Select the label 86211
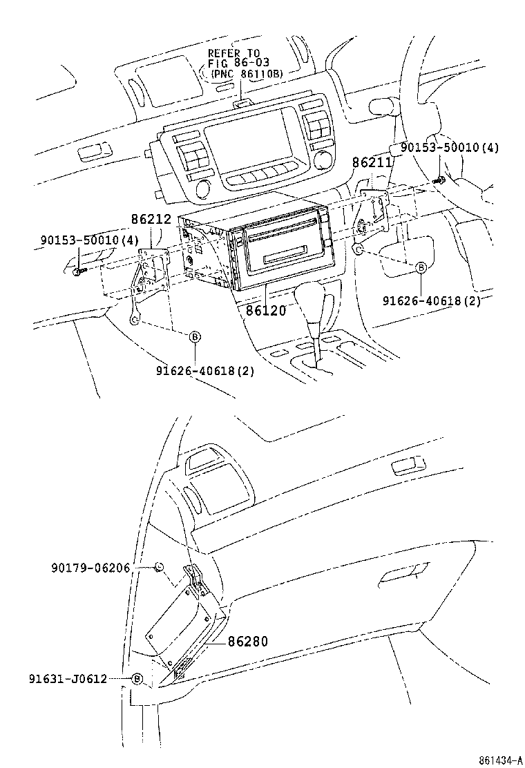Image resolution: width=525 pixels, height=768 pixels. point(372,163)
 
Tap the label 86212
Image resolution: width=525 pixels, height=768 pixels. point(151,220)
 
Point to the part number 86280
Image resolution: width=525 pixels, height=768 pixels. point(247,641)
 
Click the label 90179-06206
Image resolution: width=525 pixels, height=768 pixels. point(99,567)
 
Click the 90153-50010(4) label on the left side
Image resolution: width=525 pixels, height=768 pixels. point(79,240)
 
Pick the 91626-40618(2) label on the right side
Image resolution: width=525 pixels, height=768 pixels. point(432,300)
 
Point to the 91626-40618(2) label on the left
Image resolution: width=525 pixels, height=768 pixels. point(204,370)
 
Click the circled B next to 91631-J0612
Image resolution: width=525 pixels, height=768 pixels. point(137,679)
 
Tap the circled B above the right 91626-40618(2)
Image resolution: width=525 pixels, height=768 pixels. point(420,268)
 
